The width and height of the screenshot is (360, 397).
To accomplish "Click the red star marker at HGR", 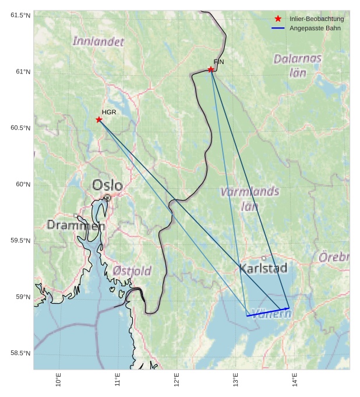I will (99, 120).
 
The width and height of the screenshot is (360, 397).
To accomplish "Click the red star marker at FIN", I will (211, 69).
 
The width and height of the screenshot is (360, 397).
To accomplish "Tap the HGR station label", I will (109, 112).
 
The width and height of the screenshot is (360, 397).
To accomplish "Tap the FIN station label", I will (218, 61).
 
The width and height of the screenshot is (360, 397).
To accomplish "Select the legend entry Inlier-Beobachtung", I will (316, 19).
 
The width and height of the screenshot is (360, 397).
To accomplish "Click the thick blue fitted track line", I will (268, 312).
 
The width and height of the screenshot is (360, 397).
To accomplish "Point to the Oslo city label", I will (108, 185).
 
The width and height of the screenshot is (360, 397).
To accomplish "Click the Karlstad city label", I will (263, 268).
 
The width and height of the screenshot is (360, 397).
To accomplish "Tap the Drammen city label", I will (76, 225).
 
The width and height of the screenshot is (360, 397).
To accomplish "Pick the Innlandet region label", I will (98, 41).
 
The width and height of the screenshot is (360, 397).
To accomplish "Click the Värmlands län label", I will (249, 198).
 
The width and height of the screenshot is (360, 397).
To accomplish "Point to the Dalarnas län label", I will (298, 65).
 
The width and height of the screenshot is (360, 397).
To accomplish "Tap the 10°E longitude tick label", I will (58, 380).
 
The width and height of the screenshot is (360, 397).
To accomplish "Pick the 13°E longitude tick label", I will (236, 380).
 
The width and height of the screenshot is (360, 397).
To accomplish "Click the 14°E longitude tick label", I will (295, 380).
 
